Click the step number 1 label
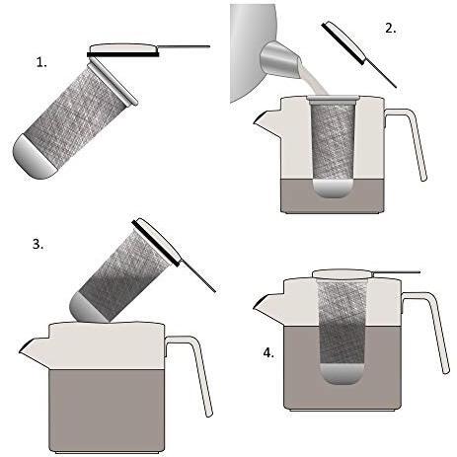pos(41,61)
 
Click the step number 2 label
pos(391,28)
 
